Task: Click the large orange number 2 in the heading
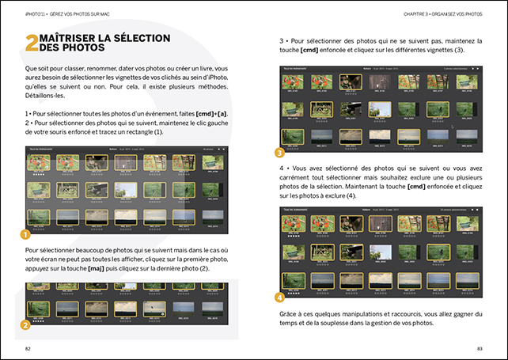tap(31, 44)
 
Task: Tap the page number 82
tap(28, 348)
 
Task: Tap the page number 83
tap(479, 348)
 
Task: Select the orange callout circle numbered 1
tap(25, 234)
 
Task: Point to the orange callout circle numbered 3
tap(279, 153)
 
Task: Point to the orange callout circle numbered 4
tap(279, 297)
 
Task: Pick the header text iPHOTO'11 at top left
tap(36, 13)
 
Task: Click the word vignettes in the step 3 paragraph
tap(439, 50)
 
